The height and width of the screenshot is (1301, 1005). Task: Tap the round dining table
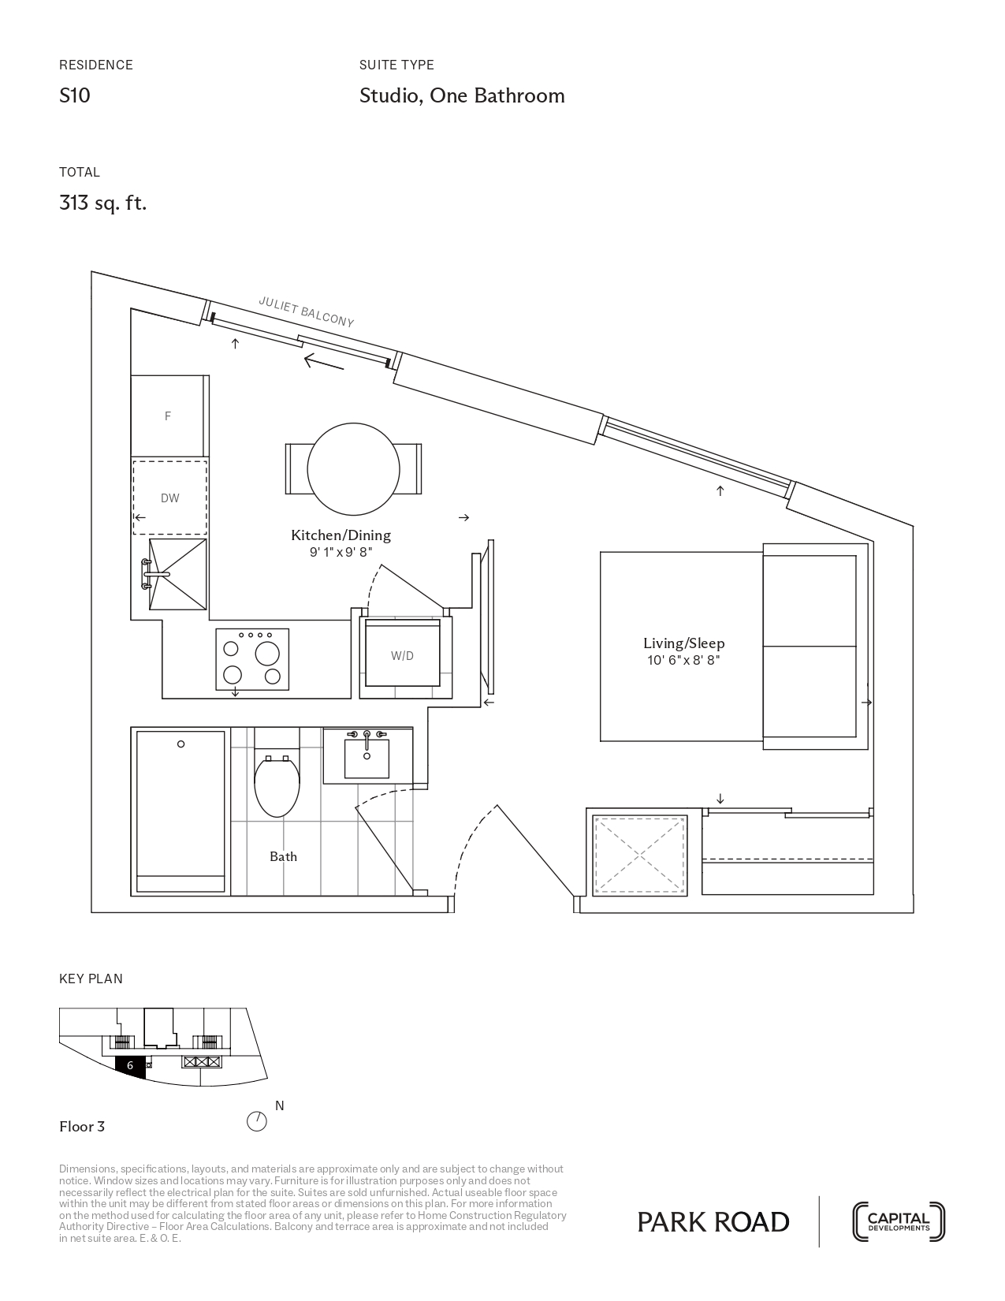pyautogui.click(x=353, y=469)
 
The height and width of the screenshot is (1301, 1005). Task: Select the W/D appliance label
pyautogui.click(x=402, y=656)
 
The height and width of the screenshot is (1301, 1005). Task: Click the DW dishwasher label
pyautogui.click(x=170, y=498)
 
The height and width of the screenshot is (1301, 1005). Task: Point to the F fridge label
pyautogui.click(x=168, y=416)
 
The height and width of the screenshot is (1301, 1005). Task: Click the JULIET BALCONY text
pyautogui.click(x=306, y=312)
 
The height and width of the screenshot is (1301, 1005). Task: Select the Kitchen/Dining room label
pyautogui.click(x=341, y=535)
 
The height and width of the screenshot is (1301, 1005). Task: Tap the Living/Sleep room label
pyautogui.click(x=683, y=643)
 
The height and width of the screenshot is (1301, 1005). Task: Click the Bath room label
pyautogui.click(x=283, y=857)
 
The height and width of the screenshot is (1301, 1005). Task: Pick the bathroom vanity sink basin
pyautogui.click(x=367, y=759)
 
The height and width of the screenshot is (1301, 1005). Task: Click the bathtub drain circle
pyautogui.click(x=181, y=744)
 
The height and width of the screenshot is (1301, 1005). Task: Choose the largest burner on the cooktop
pyautogui.click(x=267, y=653)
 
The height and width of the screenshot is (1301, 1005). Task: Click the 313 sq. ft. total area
pyautogui.click(x=103, y=203)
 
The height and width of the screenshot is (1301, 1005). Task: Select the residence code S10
pyautogui.click(x=75, y=95)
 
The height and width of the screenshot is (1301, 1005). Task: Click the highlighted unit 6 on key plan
pyautogui.click(x=131, y=1066)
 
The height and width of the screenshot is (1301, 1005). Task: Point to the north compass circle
pyautogui.click(x=257, y=1121)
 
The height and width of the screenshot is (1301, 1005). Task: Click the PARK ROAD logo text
pyautogui.click(x=713, y=1222)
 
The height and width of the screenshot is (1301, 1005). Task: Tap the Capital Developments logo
pyautogui.click(x=899, y=1222)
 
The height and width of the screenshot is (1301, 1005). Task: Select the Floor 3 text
pyautogui.click(x=82, y=1127)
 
